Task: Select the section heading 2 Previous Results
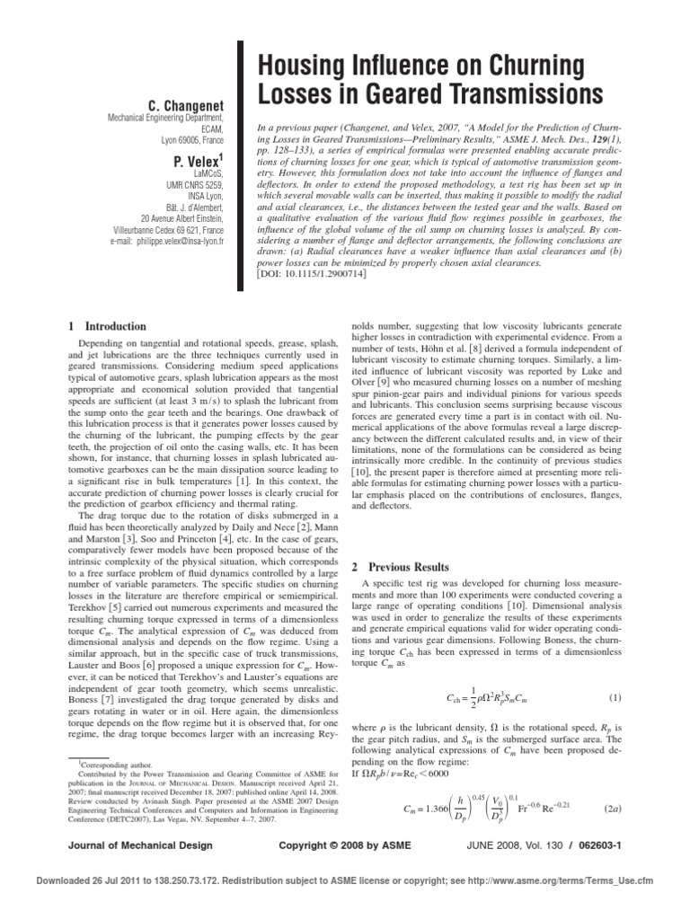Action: coord(409,567)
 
